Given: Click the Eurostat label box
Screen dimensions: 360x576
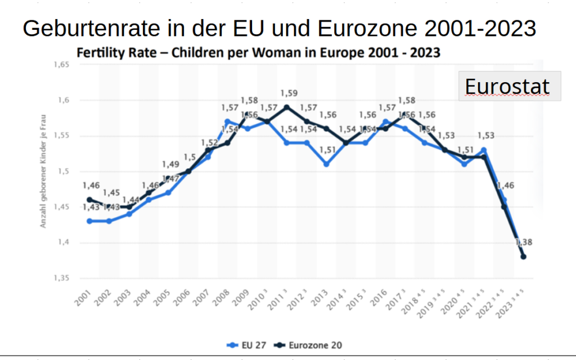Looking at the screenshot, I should click(x=509, y=86).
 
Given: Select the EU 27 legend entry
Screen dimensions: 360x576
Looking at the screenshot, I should click(x=247, y=345).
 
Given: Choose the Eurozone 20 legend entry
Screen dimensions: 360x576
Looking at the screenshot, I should click(x=310, y=345).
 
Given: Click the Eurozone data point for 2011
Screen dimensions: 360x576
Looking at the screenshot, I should click(x=287, y=107).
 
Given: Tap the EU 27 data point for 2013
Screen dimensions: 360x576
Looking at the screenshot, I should click(x=326, y=164).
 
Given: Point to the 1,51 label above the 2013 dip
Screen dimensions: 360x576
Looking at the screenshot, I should click(x=327, y=150).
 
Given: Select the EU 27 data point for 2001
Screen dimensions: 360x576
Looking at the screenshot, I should click(x=89, y=221).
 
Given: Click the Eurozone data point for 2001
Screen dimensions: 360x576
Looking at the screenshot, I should click(x=89, y=200).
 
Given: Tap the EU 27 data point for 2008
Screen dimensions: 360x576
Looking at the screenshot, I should click(x=227, y=121).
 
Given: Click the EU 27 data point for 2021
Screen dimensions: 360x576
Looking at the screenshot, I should click(x=484, y=150).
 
